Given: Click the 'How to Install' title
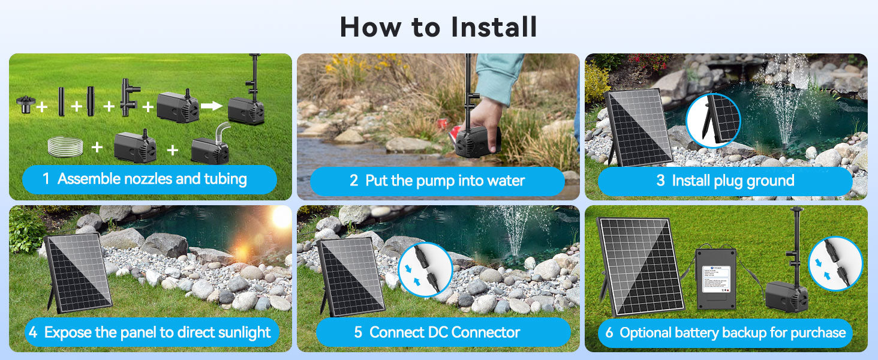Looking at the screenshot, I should [438, 27].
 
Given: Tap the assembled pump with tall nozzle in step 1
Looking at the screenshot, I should [247, 96].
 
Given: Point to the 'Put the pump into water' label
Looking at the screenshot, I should [437, 181].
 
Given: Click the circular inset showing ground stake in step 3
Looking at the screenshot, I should [713, 121].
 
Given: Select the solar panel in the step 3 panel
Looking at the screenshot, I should [638, 128].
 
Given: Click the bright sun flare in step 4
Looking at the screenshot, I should [281, 218].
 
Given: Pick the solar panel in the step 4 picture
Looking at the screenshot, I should [78, 273].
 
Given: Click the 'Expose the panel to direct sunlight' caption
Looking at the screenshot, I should [150, 332].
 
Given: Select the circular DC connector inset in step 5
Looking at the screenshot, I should [425, 269].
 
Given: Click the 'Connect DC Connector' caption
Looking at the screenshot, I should [443, 332].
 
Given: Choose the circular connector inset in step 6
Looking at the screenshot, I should [835, 264].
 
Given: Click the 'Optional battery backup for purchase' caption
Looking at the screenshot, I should [725, 332].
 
